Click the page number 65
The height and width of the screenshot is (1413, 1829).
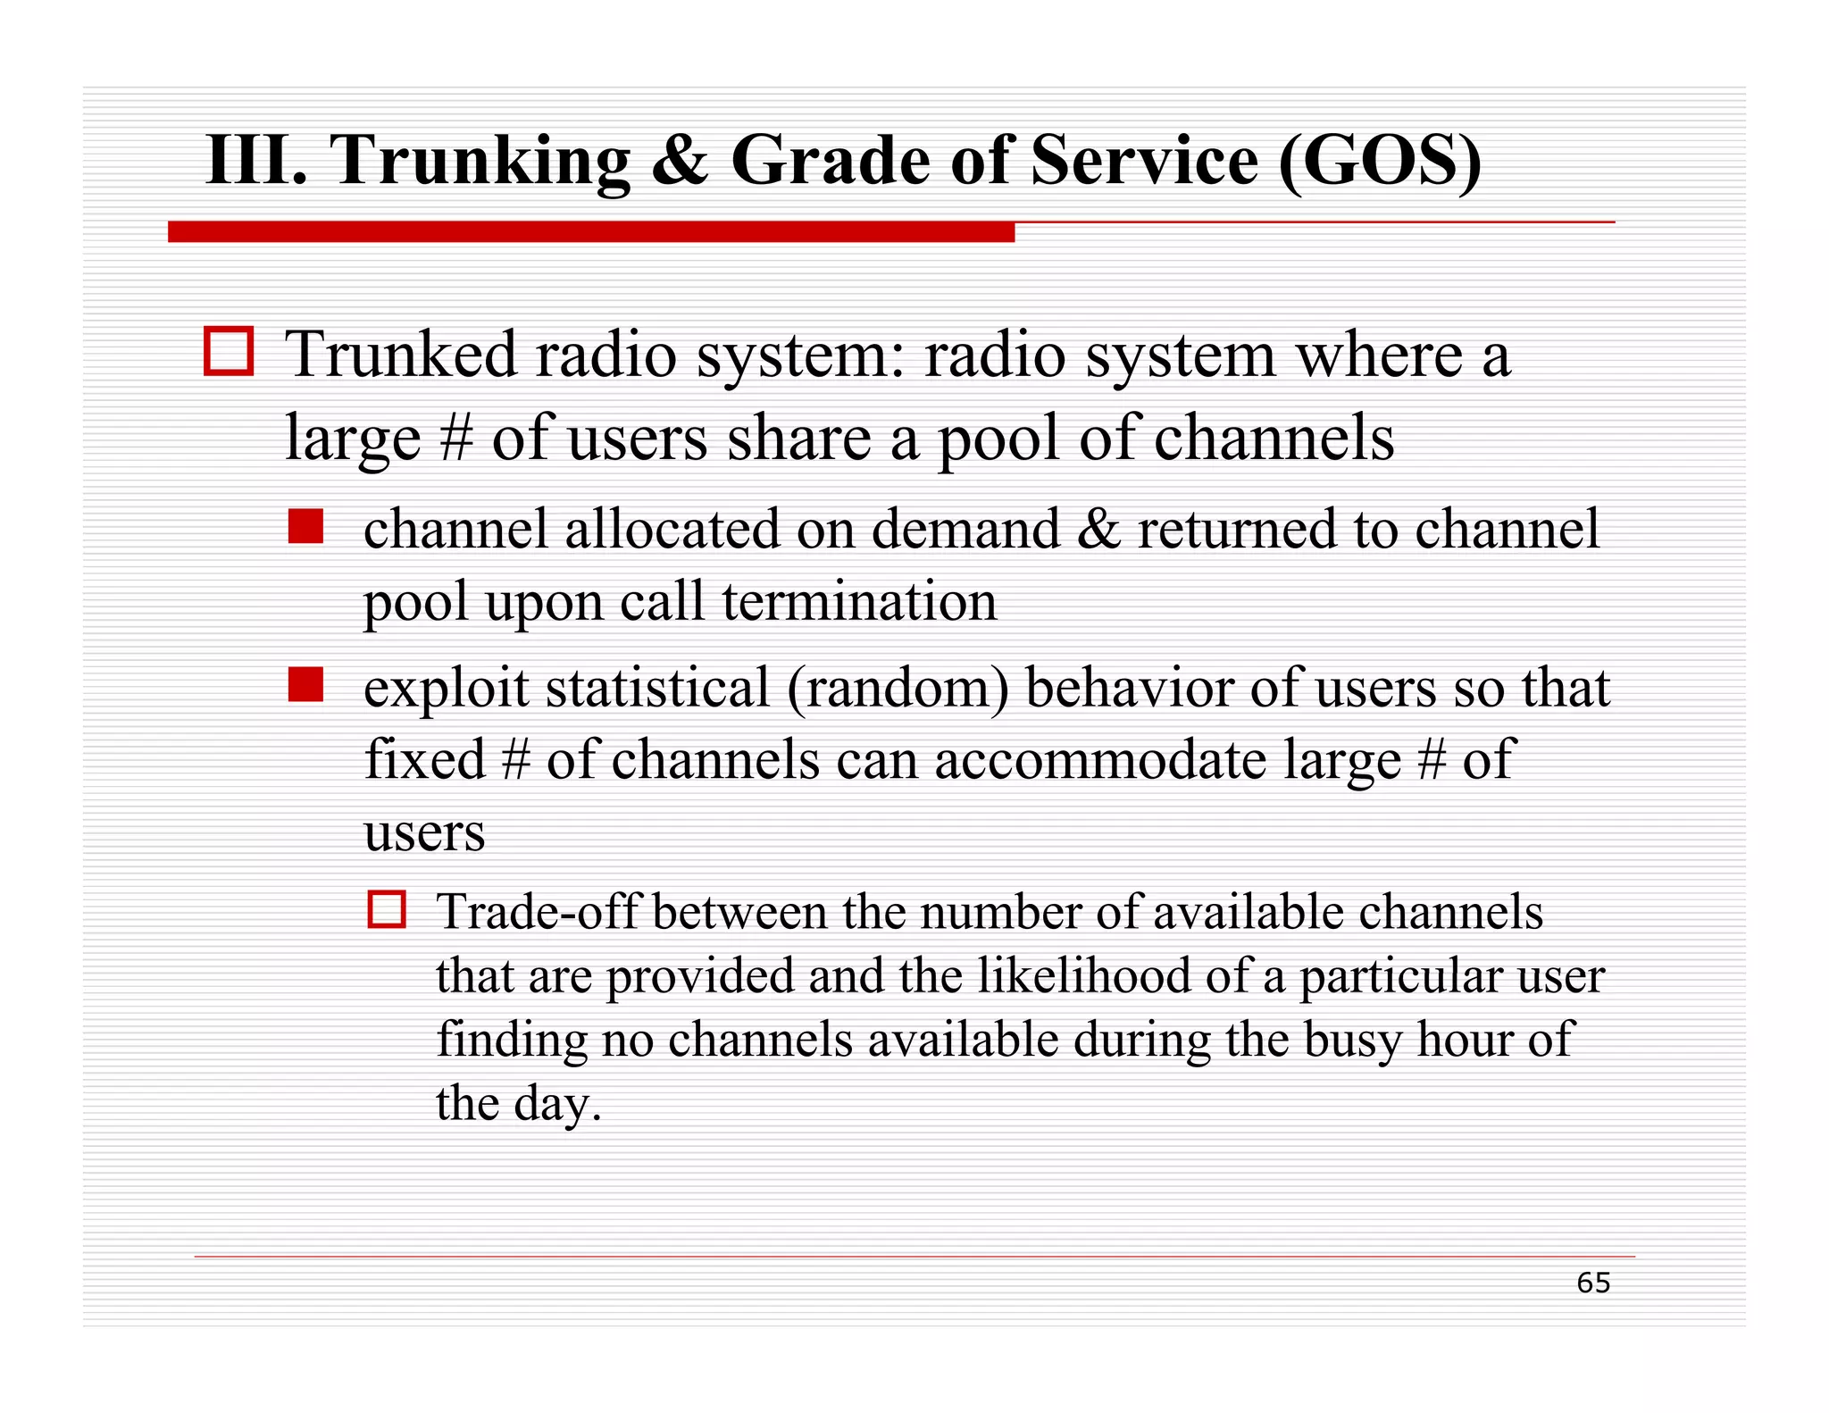point(1592,1283)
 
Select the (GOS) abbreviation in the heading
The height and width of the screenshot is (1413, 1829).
point(1380,161)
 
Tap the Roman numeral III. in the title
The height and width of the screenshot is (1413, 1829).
point(256,161)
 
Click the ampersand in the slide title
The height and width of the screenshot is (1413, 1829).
point(681,161)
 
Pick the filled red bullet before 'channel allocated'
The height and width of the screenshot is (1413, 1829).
point(305,526)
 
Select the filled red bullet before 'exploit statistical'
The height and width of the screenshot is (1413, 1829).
point(305,685)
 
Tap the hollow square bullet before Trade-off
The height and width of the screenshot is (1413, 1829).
point(387,909)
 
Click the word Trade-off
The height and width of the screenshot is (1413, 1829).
point(537,913)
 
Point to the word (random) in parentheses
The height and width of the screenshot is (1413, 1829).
point(898,690)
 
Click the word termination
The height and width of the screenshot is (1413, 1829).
point(859,601)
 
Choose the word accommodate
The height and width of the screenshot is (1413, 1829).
point(1100,761)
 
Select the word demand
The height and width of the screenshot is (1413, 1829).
point(965,529)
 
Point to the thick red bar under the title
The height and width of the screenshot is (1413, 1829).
point(590,232)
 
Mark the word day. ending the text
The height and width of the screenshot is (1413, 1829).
point(557,1105)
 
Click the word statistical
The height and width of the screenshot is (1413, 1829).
point(656,690)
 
